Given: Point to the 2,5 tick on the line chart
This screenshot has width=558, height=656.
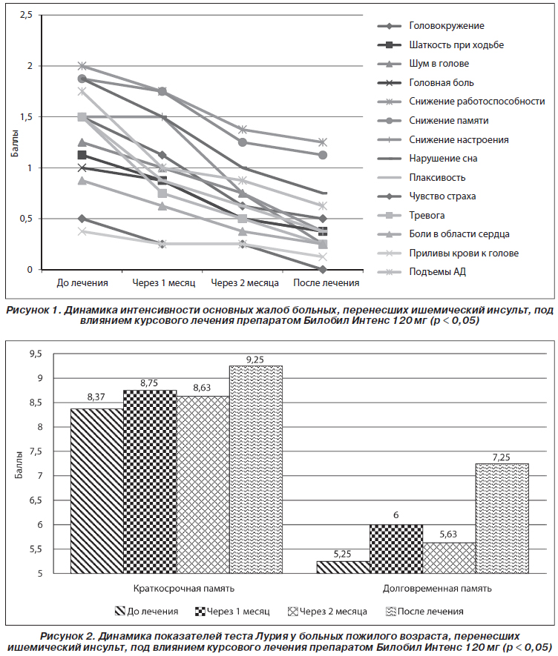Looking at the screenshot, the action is pos(26,15).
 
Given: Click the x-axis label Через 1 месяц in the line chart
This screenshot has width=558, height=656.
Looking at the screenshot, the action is pos(164,283).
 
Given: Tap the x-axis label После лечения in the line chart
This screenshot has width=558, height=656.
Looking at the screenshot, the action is pos(326,283).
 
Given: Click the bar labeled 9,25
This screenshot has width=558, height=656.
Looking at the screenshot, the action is pos(255,469).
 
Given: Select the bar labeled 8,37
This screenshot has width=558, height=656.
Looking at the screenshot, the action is pos(96,491).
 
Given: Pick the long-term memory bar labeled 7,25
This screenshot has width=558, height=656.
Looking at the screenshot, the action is pos(502,518).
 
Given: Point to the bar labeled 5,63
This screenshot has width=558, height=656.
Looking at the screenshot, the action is pos(449,558).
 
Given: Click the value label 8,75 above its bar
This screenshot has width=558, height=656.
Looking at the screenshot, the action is pos(149,383).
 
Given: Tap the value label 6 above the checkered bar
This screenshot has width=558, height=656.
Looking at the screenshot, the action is pos(396,515).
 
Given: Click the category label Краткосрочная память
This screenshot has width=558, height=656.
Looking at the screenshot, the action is pos(184,589).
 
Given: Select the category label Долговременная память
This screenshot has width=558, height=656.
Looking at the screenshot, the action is pos(437,589).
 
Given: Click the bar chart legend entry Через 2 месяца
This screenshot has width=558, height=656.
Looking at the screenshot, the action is pos(327,612).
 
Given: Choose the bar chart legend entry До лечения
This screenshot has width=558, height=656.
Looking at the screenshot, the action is pos(147,612).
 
